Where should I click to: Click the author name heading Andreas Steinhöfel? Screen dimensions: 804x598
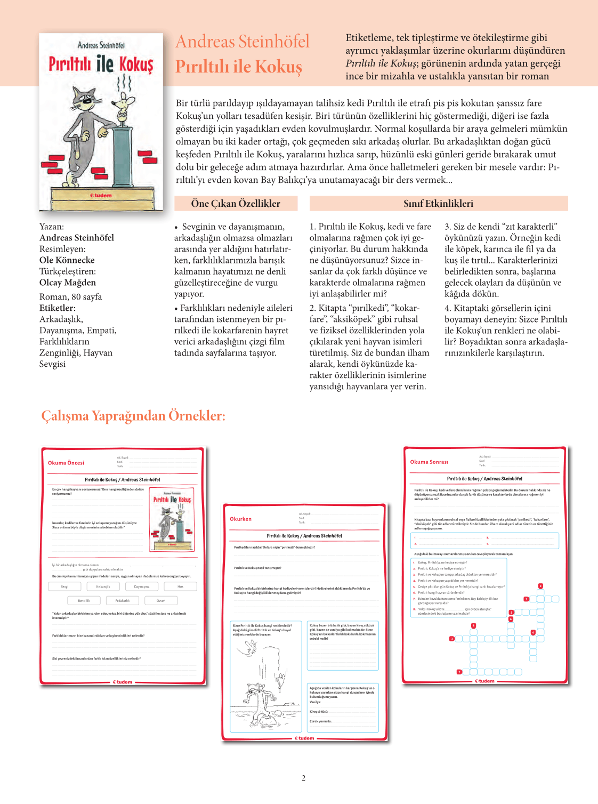pos(243,42)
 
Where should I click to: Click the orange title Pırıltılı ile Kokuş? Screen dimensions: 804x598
pos(239,67)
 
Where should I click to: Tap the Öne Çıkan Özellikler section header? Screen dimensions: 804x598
pos(236,203)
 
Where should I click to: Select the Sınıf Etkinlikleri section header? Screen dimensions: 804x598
pos(438,203)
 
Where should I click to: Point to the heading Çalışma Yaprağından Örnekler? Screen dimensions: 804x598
pos(133,416)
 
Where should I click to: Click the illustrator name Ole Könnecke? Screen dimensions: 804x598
pos(67,260)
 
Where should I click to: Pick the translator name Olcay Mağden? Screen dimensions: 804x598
pos(68,283)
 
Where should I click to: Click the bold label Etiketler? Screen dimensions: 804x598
pos(58,308)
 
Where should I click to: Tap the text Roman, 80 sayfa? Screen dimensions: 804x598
pos(70,297)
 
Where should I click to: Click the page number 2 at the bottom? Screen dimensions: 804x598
pos(304,778)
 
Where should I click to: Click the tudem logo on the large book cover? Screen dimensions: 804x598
pos(101,195)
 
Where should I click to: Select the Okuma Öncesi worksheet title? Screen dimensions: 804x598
pos(66,463)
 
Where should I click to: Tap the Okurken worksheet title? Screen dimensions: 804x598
pos(240,519)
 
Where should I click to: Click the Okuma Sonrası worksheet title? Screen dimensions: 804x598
pos(429,462)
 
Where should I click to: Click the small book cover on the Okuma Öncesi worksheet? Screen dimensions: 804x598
pos(172,519)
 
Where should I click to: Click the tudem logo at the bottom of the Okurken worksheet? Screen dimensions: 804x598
pos(304,738)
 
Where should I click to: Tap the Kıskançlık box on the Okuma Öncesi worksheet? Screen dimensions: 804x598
pos(103,586)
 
